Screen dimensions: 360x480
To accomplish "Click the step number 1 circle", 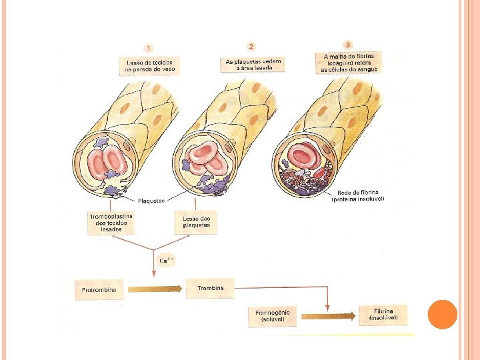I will click(x=148, y=48).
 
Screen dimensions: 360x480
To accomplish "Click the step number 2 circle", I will click(x=251, y=47).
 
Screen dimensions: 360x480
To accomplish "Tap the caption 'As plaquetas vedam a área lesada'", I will click(x=253, y=65).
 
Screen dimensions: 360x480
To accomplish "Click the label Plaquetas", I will click(x=151, y=200).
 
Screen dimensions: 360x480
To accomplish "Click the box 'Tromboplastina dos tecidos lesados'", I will click(x=111, y=223).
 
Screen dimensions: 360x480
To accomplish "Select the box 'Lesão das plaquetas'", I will click(x=197, y=222).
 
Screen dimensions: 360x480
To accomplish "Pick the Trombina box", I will click(x=210, y=288).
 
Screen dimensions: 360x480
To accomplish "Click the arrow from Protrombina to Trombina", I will click(x=154, y=289).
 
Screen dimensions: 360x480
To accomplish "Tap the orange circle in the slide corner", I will click(x=441, y=313).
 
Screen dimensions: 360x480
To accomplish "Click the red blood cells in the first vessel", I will click(x=103, y=163).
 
